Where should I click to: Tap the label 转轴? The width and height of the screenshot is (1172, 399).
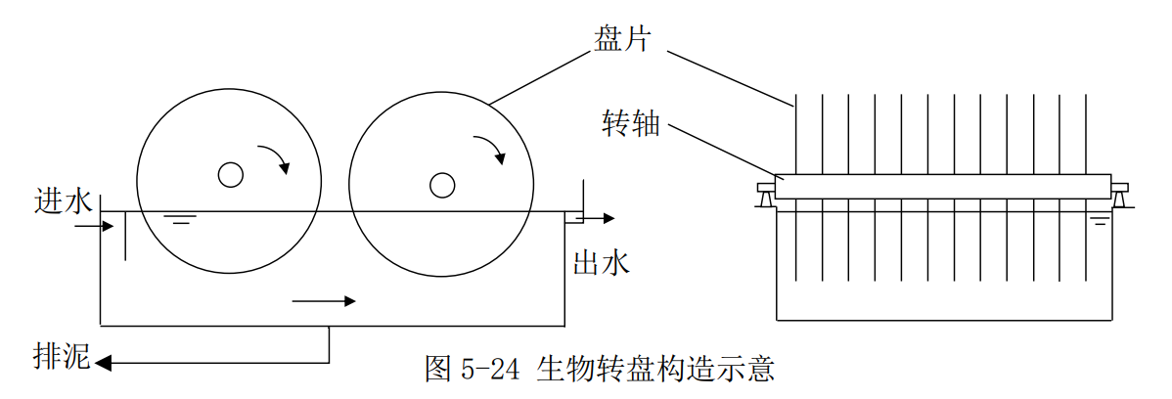(631, 125)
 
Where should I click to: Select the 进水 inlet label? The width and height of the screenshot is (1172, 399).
(64, 200)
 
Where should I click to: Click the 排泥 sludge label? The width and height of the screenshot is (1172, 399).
(62, 358)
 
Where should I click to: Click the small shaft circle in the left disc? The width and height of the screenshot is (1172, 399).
(230, 174)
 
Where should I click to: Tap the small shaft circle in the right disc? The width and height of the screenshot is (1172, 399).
(442, 184)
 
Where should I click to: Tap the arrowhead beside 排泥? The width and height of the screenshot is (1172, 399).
(103, 364)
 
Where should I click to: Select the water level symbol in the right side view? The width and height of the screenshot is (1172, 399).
(1101, 222)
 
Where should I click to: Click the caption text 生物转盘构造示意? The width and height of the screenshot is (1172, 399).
(655, 369)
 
